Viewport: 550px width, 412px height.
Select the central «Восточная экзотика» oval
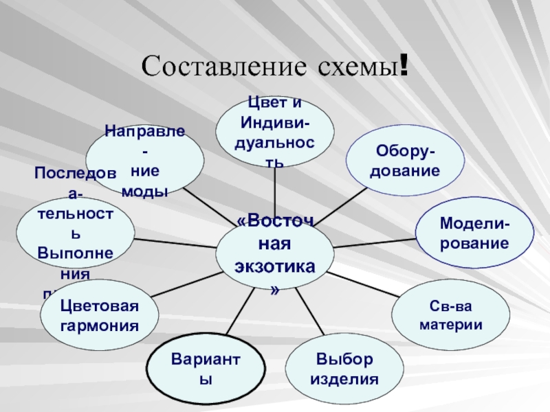pos(275,252)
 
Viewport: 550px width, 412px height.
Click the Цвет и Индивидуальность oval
pos(275,130)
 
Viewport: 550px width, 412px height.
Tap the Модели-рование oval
pos(474,233)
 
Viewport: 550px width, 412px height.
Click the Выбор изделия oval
pos(343,369)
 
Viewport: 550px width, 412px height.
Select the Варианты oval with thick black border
pos(206,369)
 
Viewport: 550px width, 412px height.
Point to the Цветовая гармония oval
pos(100,314)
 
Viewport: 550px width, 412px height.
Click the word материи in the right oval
pos(451,323)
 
